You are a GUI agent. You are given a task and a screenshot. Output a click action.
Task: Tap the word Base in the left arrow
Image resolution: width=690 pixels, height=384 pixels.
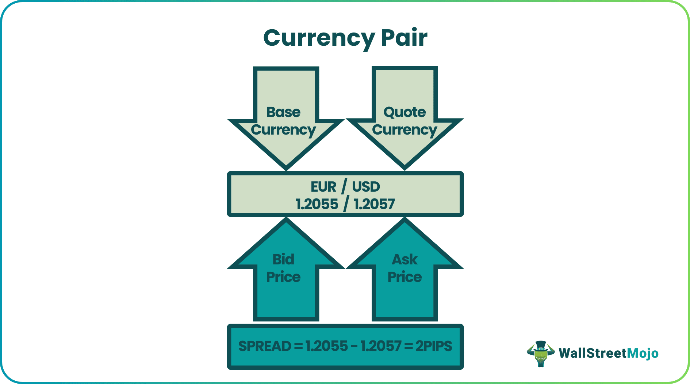(283, 112)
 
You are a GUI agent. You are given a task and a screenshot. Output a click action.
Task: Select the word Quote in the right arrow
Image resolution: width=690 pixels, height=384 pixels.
(405, 112)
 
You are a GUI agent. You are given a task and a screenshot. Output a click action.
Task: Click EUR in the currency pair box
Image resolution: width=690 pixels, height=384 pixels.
(323, 187)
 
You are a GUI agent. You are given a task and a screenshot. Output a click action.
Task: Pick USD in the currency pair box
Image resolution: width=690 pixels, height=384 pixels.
(366, 187)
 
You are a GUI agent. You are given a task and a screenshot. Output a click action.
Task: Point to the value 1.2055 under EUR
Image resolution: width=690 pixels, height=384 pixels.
(317, 204)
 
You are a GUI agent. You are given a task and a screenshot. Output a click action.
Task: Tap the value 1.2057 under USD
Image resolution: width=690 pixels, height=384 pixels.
(374, 204)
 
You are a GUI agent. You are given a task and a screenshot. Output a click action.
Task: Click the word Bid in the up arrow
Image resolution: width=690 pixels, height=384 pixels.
(283, 259)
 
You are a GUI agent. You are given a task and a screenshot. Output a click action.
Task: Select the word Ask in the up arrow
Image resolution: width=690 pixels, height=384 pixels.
(405, 259)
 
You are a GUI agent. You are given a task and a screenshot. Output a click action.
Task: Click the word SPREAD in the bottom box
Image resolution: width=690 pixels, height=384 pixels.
(265, 346)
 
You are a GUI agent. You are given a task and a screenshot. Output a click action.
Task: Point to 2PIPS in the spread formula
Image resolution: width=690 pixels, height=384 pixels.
(434, 346)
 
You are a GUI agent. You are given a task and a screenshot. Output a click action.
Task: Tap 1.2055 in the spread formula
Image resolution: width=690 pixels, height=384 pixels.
(327, 346)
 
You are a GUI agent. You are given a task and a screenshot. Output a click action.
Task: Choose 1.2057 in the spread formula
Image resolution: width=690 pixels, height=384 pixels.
(381, 346)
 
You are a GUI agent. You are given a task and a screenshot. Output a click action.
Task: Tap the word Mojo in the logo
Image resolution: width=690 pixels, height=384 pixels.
(643, 353)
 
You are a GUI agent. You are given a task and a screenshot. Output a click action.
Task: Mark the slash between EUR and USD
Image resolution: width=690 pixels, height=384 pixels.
(344, 187)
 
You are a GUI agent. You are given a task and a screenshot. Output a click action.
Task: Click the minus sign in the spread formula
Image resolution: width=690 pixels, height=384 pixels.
(354, 346)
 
